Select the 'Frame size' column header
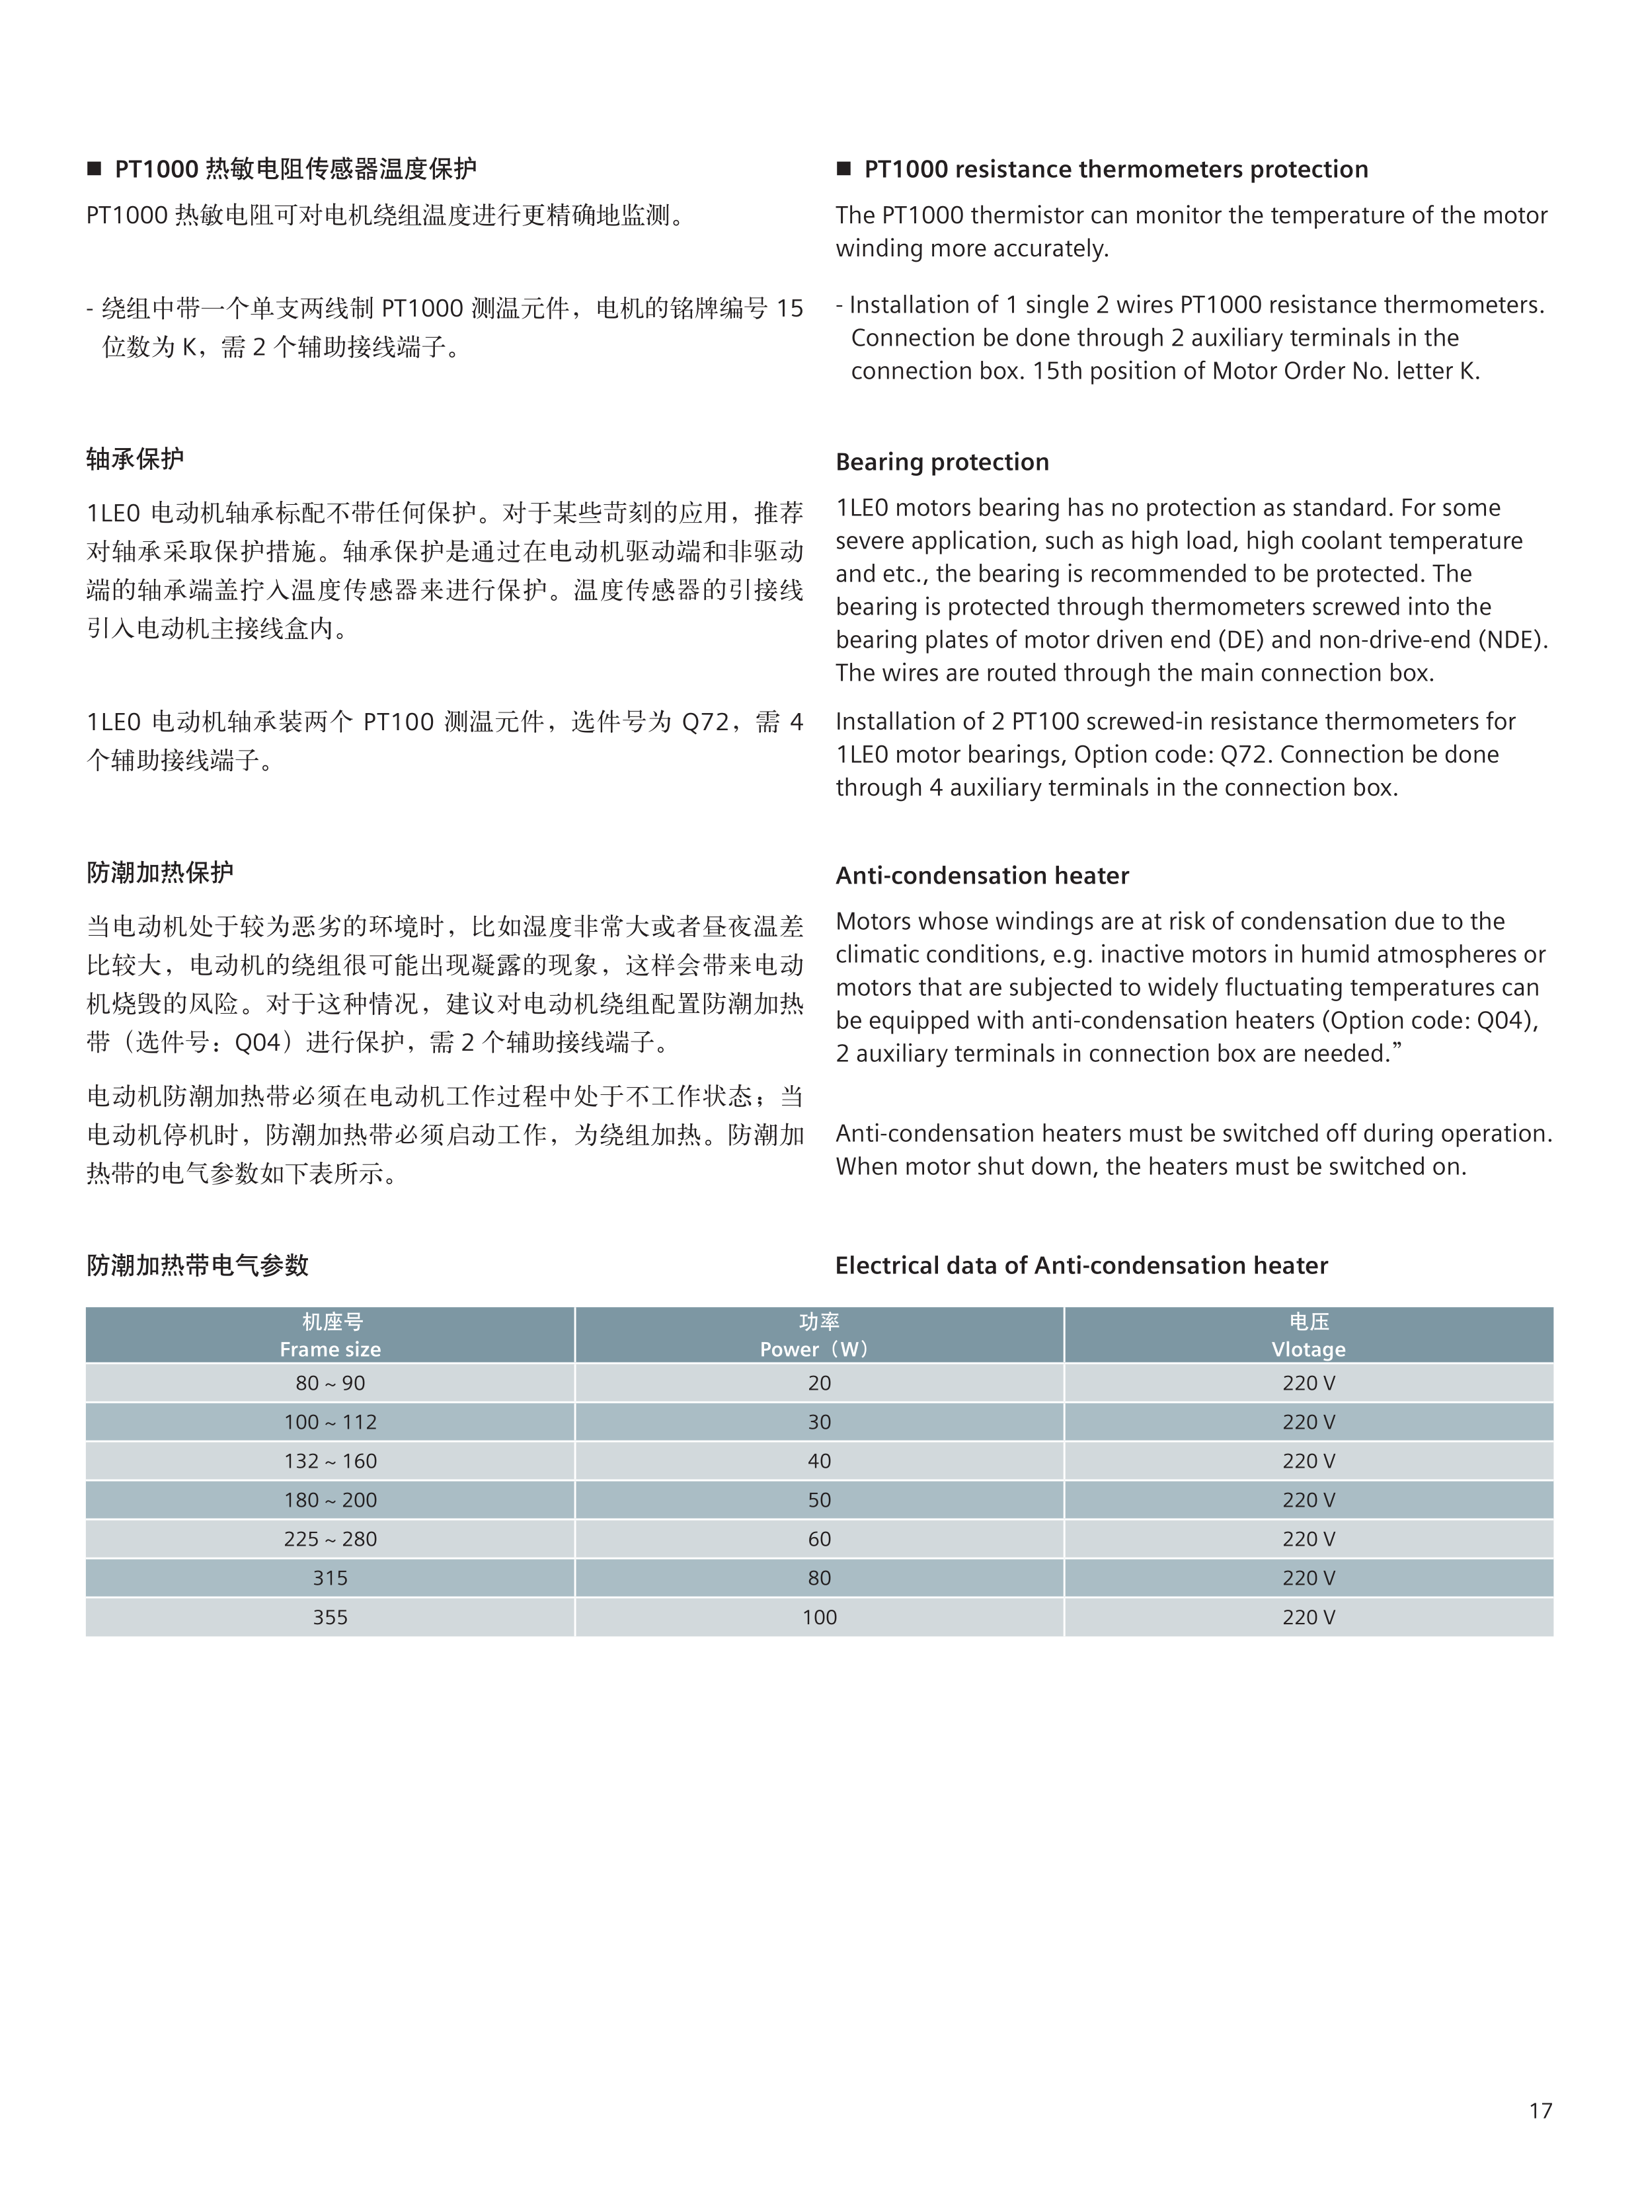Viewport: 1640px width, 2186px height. (330, 1349)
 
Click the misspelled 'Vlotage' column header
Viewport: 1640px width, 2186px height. (1308, 1349)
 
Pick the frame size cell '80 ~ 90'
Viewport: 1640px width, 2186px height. (330, 1382)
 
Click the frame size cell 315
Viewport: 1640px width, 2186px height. (330, 1577)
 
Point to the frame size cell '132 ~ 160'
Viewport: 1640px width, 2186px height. (330, 1460)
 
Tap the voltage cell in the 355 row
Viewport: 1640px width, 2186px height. (1308, 1617)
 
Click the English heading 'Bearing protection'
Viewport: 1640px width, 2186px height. (941, 461)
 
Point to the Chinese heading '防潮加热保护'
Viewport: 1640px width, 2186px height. (160, 872)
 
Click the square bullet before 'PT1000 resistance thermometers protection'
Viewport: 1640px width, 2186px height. (843, 169)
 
